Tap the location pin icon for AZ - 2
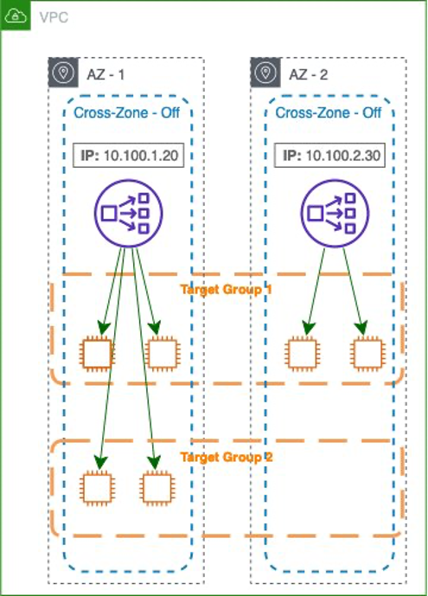(265, 74)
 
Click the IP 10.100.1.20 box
(127, 156)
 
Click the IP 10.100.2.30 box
(329, 156)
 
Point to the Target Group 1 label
(226, 289)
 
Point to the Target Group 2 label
(226, 455)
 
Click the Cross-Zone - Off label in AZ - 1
(127, 113)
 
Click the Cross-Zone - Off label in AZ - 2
(329, 113)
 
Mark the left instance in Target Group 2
(97, 487)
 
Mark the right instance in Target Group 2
(157, 487)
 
